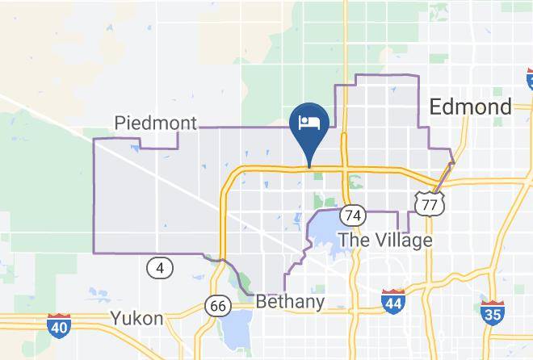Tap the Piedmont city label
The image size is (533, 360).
pyautogui.click(x=156, y=123)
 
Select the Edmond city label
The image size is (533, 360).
pyautogui.click(x=471, y=107)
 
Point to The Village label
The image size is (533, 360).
pyautogui.click(x=385, y=240)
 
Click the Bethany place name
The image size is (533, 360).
pyautogui.click(x=290, y=303)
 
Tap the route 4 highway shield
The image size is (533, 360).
pyautogui.click(x=161, y=267)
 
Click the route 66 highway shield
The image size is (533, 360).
pyautogui.click(x=218, y=306)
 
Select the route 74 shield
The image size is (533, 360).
pyautogui.click(x=353, y=216)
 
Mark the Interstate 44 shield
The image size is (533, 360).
pyautogui.click(x=393, y=301)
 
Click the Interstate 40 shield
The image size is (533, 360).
pyautogui.click(x=58, y=326)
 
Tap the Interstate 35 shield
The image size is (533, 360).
pyautogui.click(x=492, y=312)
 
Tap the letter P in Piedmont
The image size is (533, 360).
pyautogui.click(x=120, y=123)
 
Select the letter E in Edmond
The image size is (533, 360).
pyautogui.click(x=437, y=107)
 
